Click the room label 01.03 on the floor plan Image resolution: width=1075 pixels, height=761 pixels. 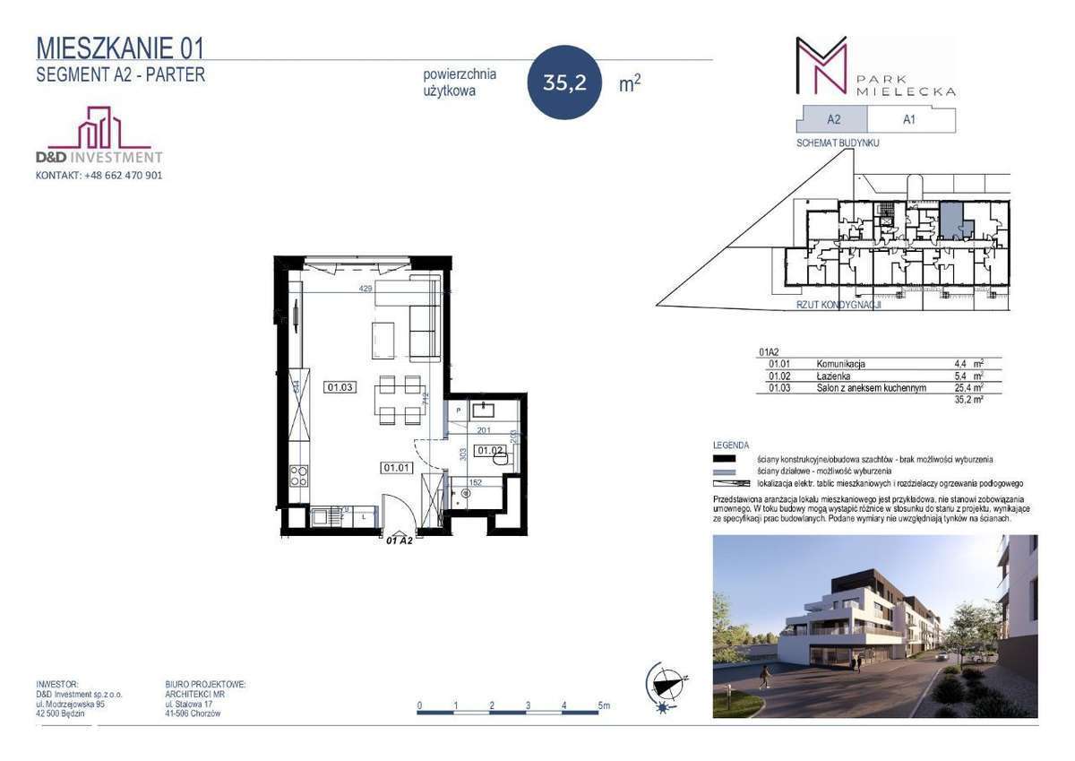click(341, 387)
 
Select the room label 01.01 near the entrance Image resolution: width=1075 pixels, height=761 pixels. click(395, 467)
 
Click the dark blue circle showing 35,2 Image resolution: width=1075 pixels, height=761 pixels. click(564, 82)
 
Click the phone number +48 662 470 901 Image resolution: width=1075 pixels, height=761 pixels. click(124, 176)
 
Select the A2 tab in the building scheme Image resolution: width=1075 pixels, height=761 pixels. click(832, 120)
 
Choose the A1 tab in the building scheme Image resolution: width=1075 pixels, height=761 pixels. click(908, 120)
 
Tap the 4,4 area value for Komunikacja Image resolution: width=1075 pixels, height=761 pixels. click(961, 365)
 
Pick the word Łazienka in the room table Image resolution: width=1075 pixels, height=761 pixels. click(833, 376)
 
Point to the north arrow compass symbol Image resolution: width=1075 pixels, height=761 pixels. click(665, 687)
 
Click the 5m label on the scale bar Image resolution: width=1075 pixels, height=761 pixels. click(604, 705)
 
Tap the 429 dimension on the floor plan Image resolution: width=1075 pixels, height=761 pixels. click(365, 289)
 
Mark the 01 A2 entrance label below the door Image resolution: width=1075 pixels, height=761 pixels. click(399, 540)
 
